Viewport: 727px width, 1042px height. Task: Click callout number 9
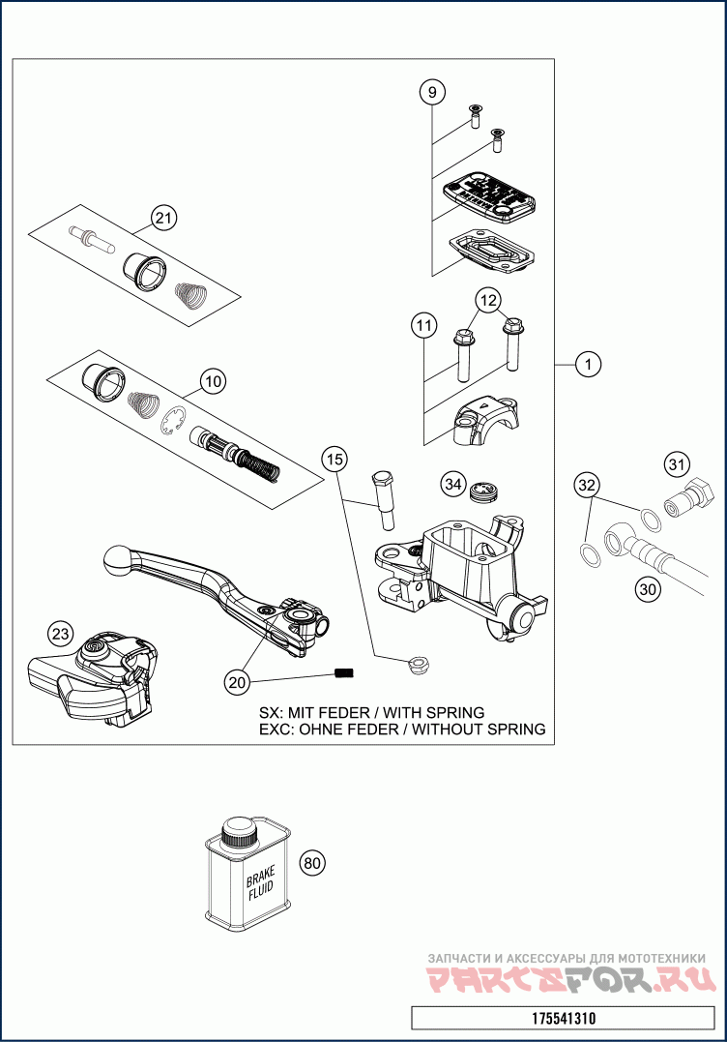pos(432,93)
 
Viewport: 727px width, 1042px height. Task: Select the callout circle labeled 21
pos(165,219)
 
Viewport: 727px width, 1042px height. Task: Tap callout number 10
pos(214,381)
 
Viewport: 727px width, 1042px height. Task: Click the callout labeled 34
pos(452,482)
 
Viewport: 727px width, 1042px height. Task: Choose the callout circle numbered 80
pos(310,863)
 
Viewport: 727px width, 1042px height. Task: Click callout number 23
pos(61,634)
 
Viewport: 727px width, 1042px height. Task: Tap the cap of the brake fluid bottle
pos(238,830)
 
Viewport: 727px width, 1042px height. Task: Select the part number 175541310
pos(565,1018)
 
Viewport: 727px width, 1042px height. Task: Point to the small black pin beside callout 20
pos(343,672)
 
